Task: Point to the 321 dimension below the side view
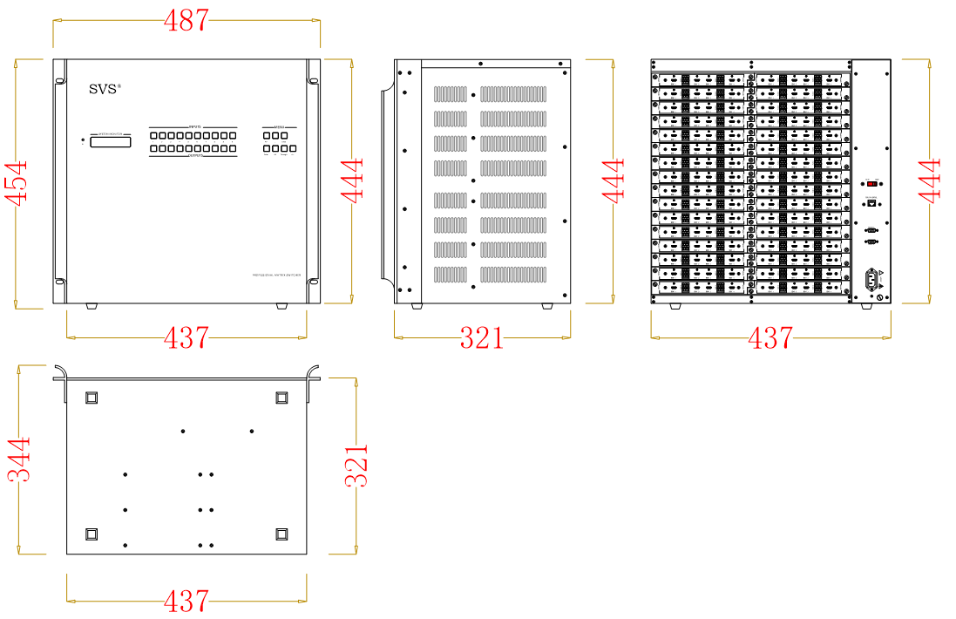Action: pos(482,337)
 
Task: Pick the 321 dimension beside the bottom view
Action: pos(356,464)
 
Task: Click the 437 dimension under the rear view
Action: pos(770,337)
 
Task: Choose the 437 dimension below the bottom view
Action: pos(186,600)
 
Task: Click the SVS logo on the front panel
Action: pos(105,89)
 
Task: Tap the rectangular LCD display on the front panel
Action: pos(111,141)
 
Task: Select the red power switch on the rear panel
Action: pos(871,184)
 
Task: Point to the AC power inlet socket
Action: pos(871,281)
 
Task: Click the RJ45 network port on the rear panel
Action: pos(871,203)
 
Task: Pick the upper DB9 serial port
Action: pos(871,228)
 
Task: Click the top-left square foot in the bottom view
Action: pos(92,398)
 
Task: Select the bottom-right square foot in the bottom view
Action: pos(281,534)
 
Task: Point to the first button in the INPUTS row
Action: pos(153,136)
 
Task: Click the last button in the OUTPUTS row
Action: pos(233,150)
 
